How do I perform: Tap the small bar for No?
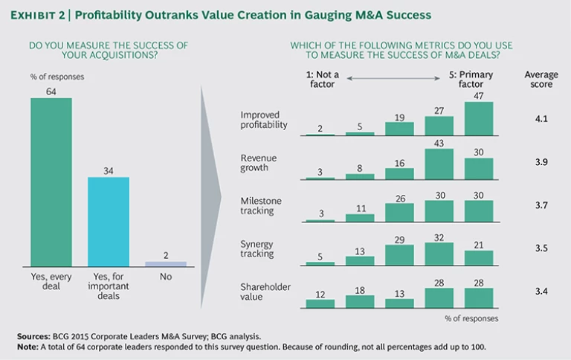[x=166, y=263]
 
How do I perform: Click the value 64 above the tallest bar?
[x=51, y=91]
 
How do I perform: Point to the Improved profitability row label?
[x=264, y=120]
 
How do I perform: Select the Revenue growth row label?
[x=261, y=163]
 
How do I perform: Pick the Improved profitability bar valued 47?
[x=479, y=119]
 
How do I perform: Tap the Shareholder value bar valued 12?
[x=320, y=303]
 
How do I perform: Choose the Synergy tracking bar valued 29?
[x=399, y=256]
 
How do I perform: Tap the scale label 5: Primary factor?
[x=471, y=80]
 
